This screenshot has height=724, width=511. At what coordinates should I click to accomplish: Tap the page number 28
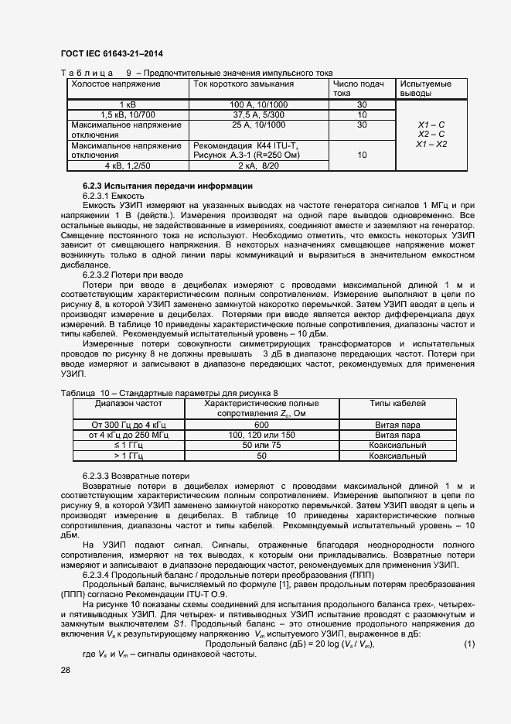pos(66,670)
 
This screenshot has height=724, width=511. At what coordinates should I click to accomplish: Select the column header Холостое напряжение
pos(115,84)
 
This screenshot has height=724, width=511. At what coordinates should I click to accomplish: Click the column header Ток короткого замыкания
pos(244,84)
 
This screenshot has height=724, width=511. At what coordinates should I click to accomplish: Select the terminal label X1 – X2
pos(431,145)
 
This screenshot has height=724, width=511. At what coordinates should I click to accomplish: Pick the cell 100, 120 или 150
pos(261,435)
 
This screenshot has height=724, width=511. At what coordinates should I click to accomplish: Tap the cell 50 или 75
pos(261,446)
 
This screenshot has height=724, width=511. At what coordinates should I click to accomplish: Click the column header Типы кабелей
pos(397,404)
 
